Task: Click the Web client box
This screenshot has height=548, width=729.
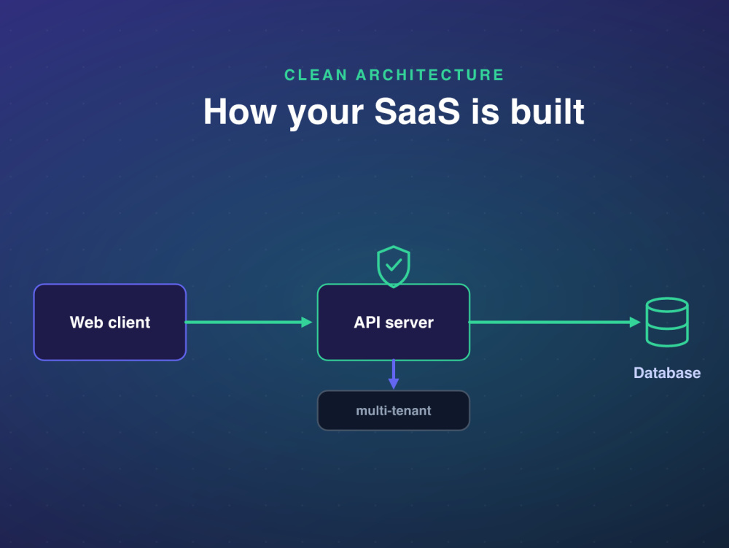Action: tap(110, 322)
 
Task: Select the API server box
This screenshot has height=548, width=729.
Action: tap(394, 322)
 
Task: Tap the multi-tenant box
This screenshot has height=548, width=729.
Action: tap(394, 410)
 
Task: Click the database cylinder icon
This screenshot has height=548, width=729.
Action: tap(667, 322)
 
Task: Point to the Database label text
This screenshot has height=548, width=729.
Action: tap(667, 373)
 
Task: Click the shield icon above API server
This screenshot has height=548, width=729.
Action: tap(394, 266)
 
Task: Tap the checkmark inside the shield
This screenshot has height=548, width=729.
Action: tap(394, 265)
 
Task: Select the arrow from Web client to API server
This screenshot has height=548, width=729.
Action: tap(249, 322)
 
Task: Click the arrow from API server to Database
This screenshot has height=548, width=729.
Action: tap(555, 322)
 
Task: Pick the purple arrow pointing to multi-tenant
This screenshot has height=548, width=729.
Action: tap(394, 374)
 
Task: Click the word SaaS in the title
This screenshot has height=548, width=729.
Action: tap(417, 112)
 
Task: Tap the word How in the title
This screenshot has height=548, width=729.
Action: tap(240, 112)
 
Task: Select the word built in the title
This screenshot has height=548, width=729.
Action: tap(547, 112)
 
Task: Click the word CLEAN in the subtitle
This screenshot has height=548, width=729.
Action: tap(316, 75)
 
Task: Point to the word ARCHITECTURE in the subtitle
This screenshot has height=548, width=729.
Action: tap(430, 75)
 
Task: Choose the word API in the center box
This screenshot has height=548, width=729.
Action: tap(367, 322)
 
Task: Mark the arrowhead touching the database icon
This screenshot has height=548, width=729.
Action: tap(635, 322)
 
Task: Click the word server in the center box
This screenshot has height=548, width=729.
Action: tap(410, 323)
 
